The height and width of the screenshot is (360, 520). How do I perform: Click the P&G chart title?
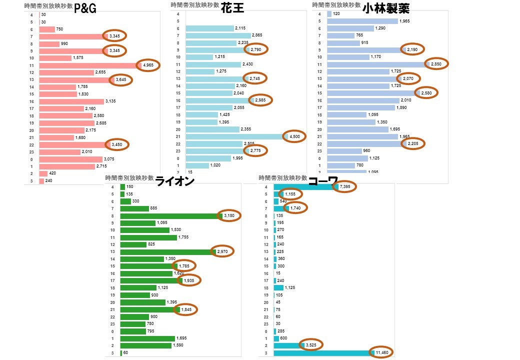[x=85, y=8]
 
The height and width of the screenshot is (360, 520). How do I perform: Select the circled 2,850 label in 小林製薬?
[x=436, y=64]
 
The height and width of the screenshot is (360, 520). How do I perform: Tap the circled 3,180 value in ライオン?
[x=229, y=215]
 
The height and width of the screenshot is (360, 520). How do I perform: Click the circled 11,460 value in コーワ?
[x=383, y=353]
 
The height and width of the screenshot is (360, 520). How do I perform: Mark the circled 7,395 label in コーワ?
[x=345, y=187]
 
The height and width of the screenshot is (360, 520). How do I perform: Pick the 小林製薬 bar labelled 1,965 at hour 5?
[x=362, y=21]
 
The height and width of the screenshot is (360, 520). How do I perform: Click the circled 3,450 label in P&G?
[x=117, y=145]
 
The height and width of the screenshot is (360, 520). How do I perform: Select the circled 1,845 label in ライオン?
[x=185, y=309]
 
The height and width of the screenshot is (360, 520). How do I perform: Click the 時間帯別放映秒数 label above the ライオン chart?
[x=129, y=178]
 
